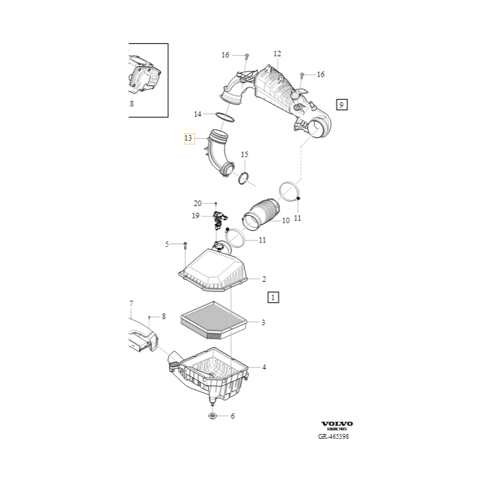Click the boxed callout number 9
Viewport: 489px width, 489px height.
[342, 105]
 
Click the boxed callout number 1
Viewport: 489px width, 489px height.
[273, 297]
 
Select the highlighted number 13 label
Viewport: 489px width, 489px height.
[189, 138]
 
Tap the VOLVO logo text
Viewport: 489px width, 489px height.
[337, 424]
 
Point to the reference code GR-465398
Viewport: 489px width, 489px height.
[333, 436]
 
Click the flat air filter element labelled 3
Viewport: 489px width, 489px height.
[214, 320]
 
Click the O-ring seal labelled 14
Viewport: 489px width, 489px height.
[225, 117]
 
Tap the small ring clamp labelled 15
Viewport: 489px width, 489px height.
[243, 178]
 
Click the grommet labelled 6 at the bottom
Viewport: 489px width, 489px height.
[212, 416]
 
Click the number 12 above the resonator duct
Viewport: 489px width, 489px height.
[278, 54]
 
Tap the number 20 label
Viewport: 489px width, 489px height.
[197, 204]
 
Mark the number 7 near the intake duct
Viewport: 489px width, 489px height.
[131, 303]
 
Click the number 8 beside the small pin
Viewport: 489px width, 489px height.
[164, 317]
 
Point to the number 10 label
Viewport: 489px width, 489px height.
[286, 221]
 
